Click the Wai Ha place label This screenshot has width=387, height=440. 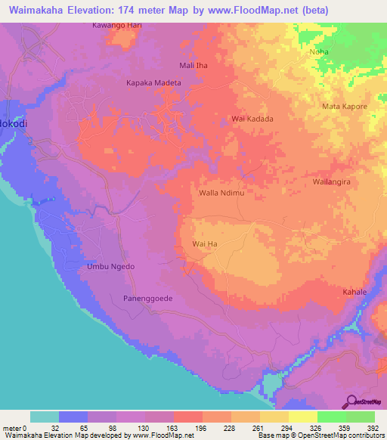point(205,244)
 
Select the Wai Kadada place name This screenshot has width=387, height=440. point(252,119)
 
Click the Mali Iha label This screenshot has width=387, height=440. point(193,66)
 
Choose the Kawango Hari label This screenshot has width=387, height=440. point(117,25)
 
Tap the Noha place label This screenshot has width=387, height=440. point(318,52)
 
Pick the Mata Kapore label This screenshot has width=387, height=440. point(345,107)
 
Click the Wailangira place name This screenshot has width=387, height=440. point(334,183)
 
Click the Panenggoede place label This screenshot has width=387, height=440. point(148,299)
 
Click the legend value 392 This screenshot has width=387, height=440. point(373,427)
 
